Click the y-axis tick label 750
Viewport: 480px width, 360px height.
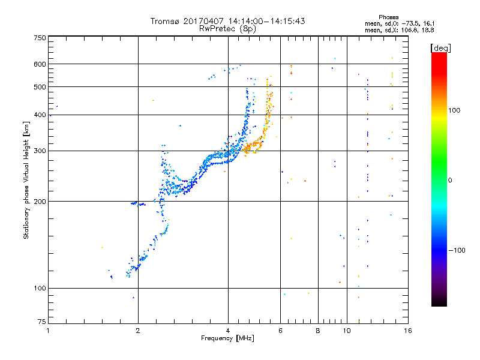pos(40,38)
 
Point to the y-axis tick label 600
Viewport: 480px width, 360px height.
pos(40,64)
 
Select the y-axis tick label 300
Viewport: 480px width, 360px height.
pos(40,151)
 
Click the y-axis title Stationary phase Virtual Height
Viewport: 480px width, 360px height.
pos(26,181)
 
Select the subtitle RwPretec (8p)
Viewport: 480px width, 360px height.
pos(228,28)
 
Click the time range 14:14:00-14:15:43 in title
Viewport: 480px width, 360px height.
pos(267,21)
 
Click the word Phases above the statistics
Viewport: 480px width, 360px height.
pos(389,17)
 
